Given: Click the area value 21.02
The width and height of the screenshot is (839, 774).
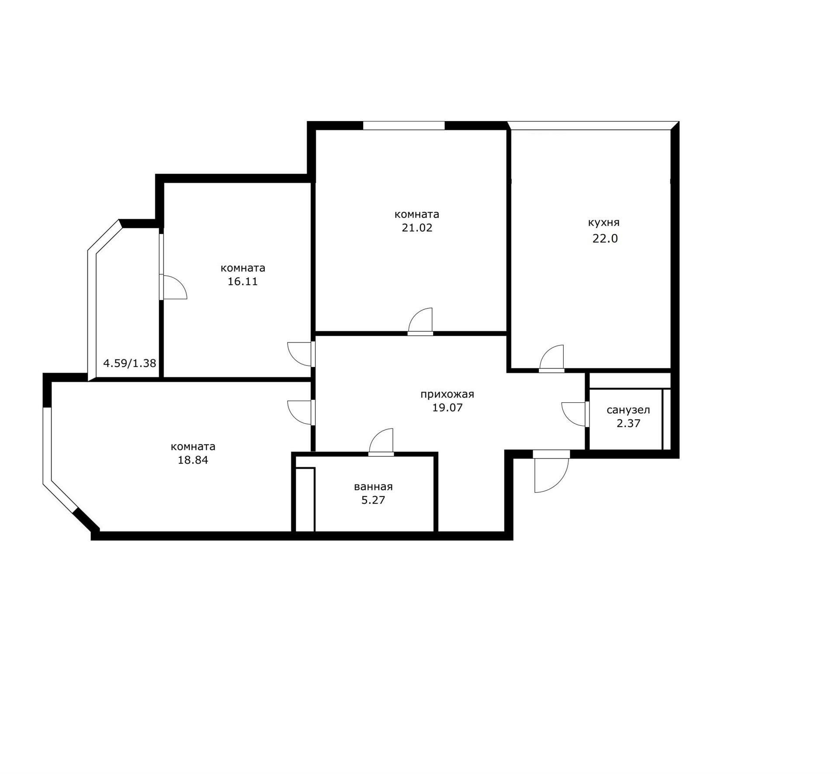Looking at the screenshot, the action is [417, 228].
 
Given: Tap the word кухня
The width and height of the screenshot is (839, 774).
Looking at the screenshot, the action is [603, 223].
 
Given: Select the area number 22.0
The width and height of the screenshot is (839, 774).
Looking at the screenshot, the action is [605, 238].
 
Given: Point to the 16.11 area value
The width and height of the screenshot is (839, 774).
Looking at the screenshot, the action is [243, 281].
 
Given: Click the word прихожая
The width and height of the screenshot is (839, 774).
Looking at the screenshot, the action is [447, 394].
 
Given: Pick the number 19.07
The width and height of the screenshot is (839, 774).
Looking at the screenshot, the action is [447, 408].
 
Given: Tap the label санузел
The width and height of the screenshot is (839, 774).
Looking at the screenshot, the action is [628, 410].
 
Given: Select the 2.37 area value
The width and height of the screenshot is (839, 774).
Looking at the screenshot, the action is [628, 423].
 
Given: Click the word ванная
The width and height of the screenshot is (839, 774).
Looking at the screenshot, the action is [373, 487].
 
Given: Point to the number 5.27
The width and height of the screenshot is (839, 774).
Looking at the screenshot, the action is [373, 500].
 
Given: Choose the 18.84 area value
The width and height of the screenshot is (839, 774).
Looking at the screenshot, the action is [193, 460].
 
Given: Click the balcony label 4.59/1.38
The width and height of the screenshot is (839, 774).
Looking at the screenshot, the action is [129, 363].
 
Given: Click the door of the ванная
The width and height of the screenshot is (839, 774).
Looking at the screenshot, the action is [381, 442].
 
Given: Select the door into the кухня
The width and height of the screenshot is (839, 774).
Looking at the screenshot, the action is [551, 359].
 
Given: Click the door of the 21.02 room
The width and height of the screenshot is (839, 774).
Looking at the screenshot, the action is [420, 321].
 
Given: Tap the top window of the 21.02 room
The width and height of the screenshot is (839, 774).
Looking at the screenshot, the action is [404, 126].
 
